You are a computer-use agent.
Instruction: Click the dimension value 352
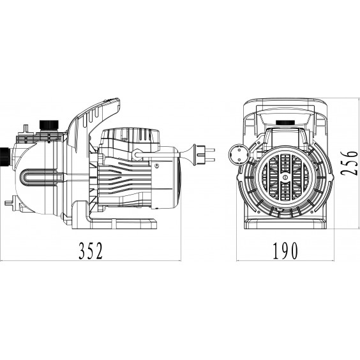click(91, 251)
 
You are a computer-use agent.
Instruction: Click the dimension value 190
click(285, 251)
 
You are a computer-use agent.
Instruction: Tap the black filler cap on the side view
click(49, 125)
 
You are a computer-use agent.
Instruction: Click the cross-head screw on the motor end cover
click(156, 165)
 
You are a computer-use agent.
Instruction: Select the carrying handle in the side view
click(94, 124)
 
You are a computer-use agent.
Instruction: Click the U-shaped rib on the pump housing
click(39, 179)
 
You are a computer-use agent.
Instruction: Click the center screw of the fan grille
click(285, 177)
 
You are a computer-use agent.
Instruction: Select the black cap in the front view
click(285, 123)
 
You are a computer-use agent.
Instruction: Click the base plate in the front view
click(285, 224)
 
